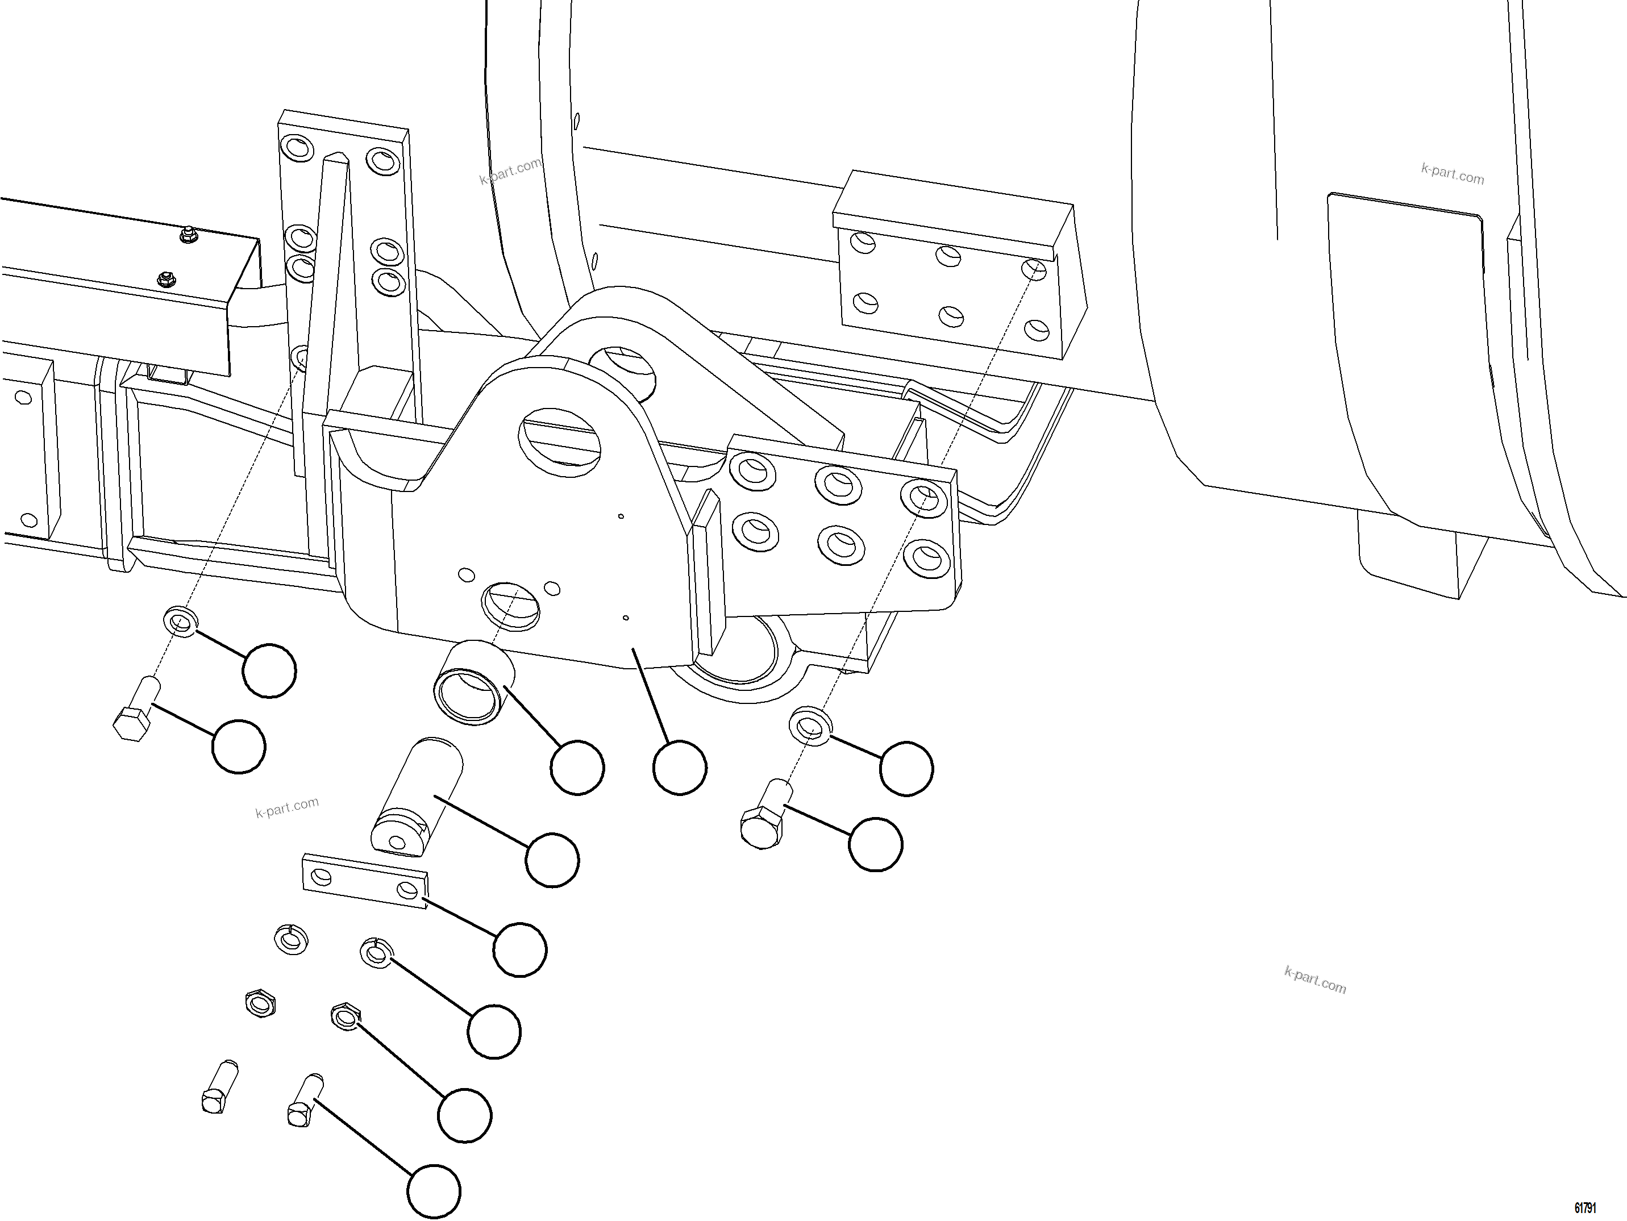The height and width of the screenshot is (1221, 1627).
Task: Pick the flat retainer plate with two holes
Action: tap(365, 881)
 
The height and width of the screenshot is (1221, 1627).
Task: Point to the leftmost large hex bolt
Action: tap(138, 709)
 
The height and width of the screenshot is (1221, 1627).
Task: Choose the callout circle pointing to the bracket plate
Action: tap(680, 768)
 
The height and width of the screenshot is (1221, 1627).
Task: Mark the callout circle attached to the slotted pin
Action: tap(552, 860)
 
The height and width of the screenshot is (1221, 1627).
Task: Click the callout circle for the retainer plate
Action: tap(520, 949)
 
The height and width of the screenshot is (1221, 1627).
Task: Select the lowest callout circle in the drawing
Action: tap(434, 1191)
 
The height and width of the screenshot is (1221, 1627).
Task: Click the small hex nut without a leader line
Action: tap(260, 1003)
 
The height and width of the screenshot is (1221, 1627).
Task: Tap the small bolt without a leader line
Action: tap(218, 1086)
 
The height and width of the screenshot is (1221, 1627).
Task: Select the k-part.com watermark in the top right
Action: tap(1452, 175)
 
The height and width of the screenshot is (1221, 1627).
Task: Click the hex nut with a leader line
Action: tap(345, 1016)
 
